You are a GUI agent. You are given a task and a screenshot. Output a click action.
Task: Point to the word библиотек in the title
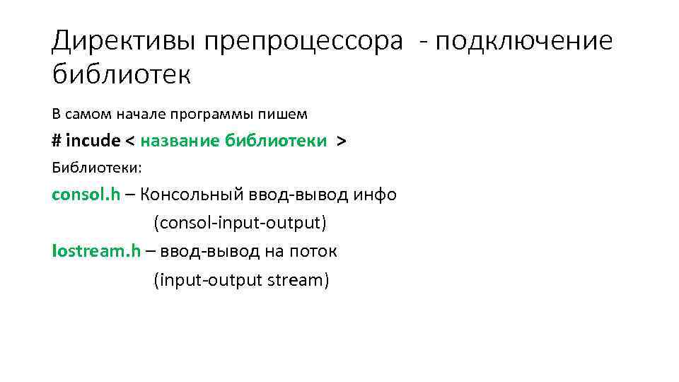coord(121,74)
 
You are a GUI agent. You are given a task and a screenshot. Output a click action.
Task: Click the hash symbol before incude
coord(57,140)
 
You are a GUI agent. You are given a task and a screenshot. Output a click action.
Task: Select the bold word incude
coord(93,140)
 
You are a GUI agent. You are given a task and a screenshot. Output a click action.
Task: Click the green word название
coord(180,140)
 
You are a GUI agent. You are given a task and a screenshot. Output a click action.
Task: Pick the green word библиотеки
coord(275,140)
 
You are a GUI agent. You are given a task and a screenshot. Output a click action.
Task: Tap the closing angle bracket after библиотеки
coord(342,140)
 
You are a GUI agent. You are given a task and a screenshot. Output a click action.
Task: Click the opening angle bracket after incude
coord(130,140)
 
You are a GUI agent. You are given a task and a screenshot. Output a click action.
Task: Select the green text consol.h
coord(86,195)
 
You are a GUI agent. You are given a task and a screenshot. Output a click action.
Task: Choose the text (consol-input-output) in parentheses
coord(240,224)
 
